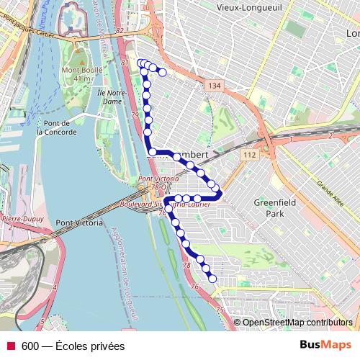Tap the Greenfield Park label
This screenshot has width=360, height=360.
(x=274, y=208)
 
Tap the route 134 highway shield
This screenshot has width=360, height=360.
(x=213, y=86)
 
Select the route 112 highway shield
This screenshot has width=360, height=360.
(x=249, y=155)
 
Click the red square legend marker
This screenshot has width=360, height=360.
(x=10, y=346)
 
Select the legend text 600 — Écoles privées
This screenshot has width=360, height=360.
(x=73, y=346)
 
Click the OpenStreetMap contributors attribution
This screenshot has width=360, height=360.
(x=297, y=323)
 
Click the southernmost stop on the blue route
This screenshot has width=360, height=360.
(x=213, y=279)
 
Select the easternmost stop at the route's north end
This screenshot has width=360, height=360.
(x=163, y=72)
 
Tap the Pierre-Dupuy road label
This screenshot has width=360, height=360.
(x=22, y=218)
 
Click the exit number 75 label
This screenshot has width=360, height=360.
(x=219, y=310)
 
